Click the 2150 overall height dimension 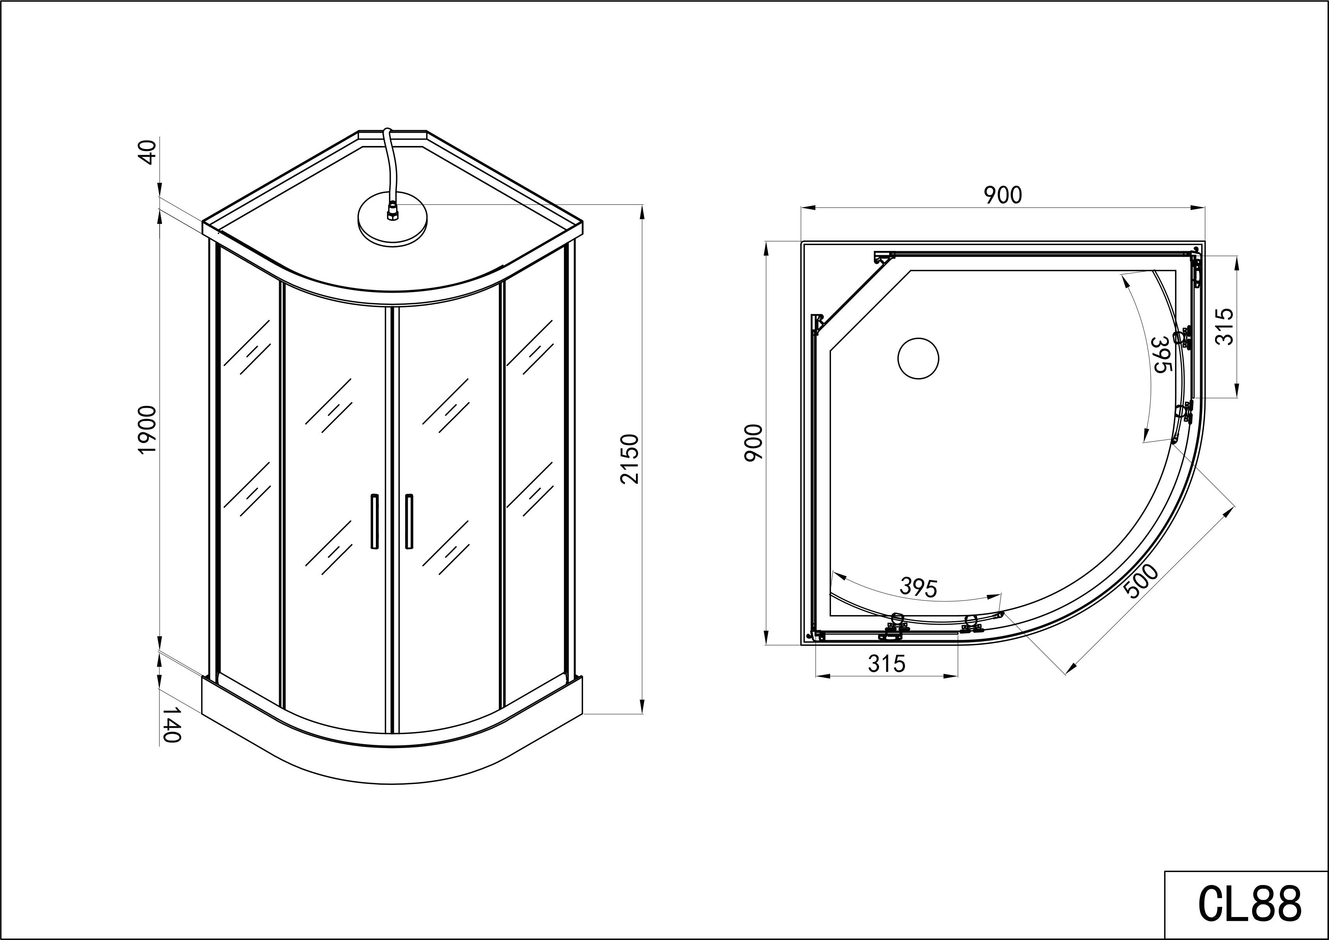[629, 459]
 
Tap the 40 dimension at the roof [149, 152]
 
